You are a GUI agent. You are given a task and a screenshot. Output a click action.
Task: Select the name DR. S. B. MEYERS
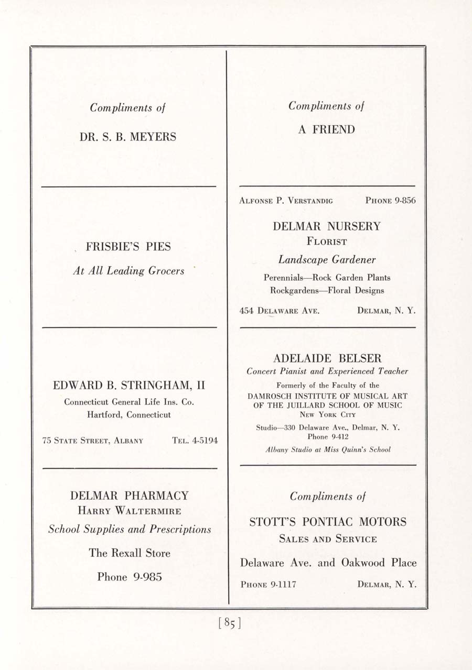(x=128, y=137)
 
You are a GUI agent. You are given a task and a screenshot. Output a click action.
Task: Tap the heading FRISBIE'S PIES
(x=128, y=246)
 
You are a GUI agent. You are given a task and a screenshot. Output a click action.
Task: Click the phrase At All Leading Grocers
(x=128, y=271)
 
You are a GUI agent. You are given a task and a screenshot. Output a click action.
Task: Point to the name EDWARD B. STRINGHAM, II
(x=129, y=386)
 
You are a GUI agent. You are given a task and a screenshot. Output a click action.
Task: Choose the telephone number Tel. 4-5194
(x=195, y=441)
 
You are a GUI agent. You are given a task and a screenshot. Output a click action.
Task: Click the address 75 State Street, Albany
(x=93, y=441)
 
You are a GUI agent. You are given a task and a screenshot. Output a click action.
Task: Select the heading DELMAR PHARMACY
(x=129, y=496)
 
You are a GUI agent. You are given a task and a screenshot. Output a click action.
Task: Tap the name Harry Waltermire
(x=129, y=511)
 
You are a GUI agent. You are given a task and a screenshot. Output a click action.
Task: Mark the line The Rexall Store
(x=129, y=553)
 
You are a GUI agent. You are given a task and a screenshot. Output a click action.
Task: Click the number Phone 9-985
(x=129, y=577)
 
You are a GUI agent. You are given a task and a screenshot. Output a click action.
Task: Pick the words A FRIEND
(x=326, y=130)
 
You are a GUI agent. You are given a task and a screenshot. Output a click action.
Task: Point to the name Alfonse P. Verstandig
(x=286, y=200)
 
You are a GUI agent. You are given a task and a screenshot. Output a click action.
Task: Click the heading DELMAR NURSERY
(x=327, y=227)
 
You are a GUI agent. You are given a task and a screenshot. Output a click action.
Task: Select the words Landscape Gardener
(x=327, y=260)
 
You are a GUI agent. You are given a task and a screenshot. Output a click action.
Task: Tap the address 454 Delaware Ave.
(x=280, y=310)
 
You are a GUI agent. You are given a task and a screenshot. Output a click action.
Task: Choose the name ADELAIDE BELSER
(x=327, y=359)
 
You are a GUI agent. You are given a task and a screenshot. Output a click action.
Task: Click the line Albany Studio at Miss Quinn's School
(x=328, y=449)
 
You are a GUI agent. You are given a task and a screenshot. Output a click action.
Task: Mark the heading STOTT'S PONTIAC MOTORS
(x=328, y=522)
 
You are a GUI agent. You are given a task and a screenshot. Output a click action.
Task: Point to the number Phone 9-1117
(x=268, y=584)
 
